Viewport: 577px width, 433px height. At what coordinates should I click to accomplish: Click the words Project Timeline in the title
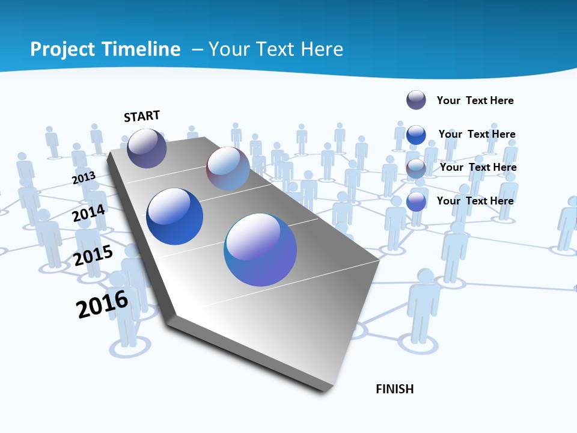tap(105, 49)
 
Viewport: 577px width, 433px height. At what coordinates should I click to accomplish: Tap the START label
tap(142, 116)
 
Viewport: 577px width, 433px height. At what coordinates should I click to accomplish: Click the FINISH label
tap(395, 389)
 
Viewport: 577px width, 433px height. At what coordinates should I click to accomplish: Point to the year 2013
tap(84, 178)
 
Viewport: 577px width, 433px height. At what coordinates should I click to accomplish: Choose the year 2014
tap(89, 213)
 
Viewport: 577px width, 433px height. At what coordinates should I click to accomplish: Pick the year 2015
tap(93, 256)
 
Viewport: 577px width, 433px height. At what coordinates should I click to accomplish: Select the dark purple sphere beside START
tap(147, 148)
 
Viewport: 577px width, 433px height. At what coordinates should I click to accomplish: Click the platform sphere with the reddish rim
tap(228, 168)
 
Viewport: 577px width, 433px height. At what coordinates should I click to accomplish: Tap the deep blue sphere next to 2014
tap(175, 216)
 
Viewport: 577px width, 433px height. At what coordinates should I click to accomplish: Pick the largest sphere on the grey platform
tap(260, 250)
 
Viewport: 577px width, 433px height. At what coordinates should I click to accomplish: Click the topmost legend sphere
tap(416, 100)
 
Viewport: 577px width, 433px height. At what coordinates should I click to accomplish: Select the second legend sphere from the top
tap(416, 135)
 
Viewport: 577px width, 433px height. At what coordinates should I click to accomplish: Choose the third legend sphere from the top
tap(416, 168)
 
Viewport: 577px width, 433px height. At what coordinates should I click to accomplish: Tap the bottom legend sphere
tap(416, 201)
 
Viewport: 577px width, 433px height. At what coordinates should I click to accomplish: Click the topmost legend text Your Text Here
tap(475, 100)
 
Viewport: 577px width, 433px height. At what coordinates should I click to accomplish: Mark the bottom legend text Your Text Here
tap(475, 201)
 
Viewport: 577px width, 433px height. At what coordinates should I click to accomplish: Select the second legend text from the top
tap(477, 134)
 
